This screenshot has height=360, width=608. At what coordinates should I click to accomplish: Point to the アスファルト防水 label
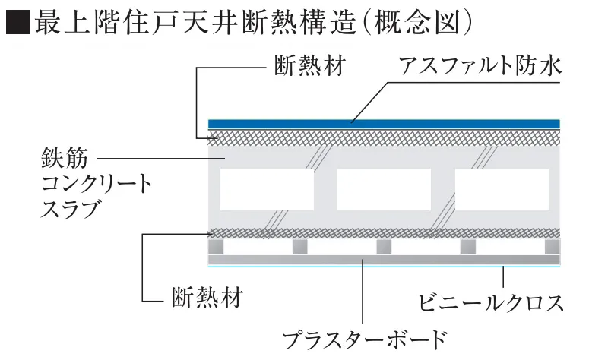click(481, 68)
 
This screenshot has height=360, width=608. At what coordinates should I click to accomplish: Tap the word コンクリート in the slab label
click(96, 184)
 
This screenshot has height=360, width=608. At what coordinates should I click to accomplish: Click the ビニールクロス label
click(490, 303)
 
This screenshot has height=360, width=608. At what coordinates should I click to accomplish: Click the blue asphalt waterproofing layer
click(384, 124)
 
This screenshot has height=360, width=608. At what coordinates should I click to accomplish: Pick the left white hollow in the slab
click(267, 190)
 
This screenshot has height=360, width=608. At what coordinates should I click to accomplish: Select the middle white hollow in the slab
click(384, 190)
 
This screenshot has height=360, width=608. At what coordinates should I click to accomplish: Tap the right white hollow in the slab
click(502, 190)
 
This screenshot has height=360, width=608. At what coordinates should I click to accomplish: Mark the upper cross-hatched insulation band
click(384, 137)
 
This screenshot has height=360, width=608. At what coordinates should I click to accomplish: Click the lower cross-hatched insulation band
click(384, 233)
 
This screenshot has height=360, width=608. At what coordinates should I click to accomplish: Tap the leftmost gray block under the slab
click(217, 247)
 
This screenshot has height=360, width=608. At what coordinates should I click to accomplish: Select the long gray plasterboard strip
click(384, 260)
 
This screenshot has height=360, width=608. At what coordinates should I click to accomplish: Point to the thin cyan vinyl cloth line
click(384, 267)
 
